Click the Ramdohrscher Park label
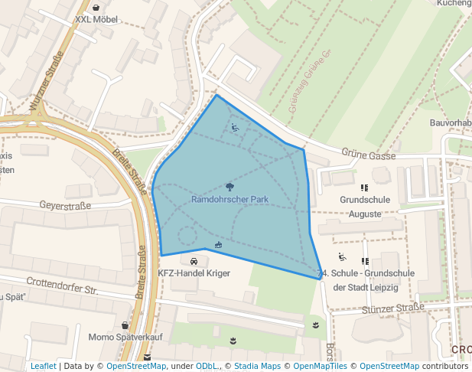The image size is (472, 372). tap(229, 199)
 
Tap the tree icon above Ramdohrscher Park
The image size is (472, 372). tap(230, 186)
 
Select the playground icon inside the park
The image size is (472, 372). tap(235, 128)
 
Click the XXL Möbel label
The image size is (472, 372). tap(96, 19)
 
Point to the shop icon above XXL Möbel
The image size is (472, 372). tap(96, 7)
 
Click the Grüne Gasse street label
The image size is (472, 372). tap(369, 155)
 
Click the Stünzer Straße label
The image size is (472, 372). tap(392, 308)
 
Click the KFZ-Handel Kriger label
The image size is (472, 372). tap(194, 273)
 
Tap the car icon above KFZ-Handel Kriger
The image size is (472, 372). tap(194, 261)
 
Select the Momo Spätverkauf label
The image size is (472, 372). tap(125, 338)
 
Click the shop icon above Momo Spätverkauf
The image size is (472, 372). tap(125, 325)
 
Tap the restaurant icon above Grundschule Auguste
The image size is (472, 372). tap(364, 187)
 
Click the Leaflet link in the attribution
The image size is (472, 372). tap(43, 366)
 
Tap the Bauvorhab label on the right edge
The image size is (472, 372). tap(450, 122)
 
